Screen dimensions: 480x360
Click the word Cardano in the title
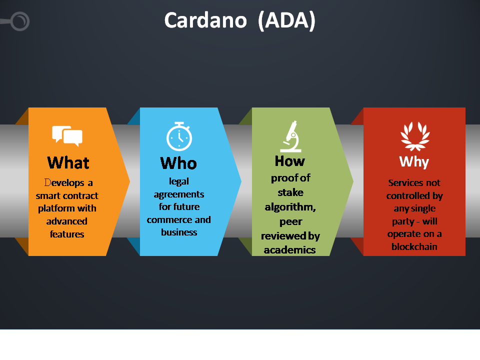(205, 20)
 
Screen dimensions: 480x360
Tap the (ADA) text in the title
(287, 21)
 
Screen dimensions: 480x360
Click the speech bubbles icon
(67, 136)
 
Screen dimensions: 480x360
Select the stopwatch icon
(179, 136)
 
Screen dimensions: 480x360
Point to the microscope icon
(291, 136)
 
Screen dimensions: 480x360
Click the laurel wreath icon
(415, 136)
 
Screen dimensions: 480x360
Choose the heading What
(68, 162)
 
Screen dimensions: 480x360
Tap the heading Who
(178, 163)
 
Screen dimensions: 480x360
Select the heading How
(290, 161)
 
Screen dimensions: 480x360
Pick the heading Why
(414, 161)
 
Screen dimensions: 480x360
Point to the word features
(67, 234)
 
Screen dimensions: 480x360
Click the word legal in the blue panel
(179, 181)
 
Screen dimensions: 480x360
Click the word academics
(290, 250)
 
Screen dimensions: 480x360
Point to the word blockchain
(414, 246)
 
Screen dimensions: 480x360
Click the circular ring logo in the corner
(20, 21)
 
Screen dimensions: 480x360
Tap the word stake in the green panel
(290, 192)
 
